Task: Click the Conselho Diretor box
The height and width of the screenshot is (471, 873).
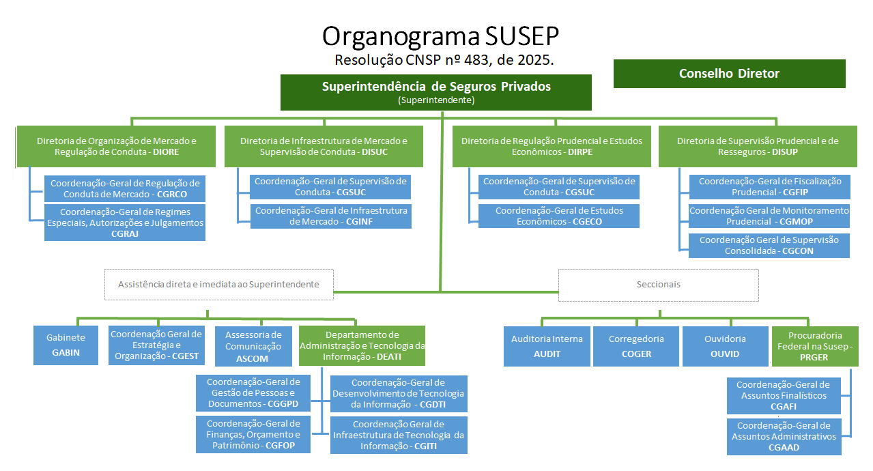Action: pos(729,74)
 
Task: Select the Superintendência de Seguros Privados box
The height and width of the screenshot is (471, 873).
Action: pos(435,92)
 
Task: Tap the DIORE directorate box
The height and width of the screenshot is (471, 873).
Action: pos(116,146)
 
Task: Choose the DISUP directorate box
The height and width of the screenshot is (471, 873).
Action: pos(758,146)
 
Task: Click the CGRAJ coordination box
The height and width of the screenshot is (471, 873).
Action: pos(124,222)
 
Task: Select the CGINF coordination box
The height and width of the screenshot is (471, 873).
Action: pos(330,216)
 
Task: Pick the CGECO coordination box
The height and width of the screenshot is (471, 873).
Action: pos(558,216)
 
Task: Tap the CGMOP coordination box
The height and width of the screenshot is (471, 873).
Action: pos(769,216)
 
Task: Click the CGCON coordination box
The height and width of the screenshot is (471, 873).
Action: pos(769,245)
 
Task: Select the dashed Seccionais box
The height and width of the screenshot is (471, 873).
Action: pos(658,285)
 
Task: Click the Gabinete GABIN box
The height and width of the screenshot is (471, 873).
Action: pos(66,345)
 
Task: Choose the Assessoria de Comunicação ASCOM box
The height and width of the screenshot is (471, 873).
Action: pos(252,346)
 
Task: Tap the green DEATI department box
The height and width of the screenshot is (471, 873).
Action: pos(362,346)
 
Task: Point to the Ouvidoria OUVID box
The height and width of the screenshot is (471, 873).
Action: pos(725,346)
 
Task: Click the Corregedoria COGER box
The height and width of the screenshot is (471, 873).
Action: pos(636,346)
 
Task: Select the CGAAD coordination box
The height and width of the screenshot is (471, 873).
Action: pos(784,436)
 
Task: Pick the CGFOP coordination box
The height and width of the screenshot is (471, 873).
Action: pos(253,434)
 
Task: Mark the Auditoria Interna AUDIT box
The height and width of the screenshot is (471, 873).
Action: pos(547,346)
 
